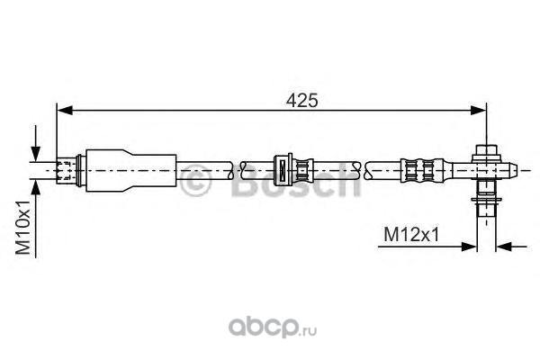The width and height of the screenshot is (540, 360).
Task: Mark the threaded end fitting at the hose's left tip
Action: (68, 168)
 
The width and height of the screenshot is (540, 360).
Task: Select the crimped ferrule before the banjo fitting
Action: (422, 167)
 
